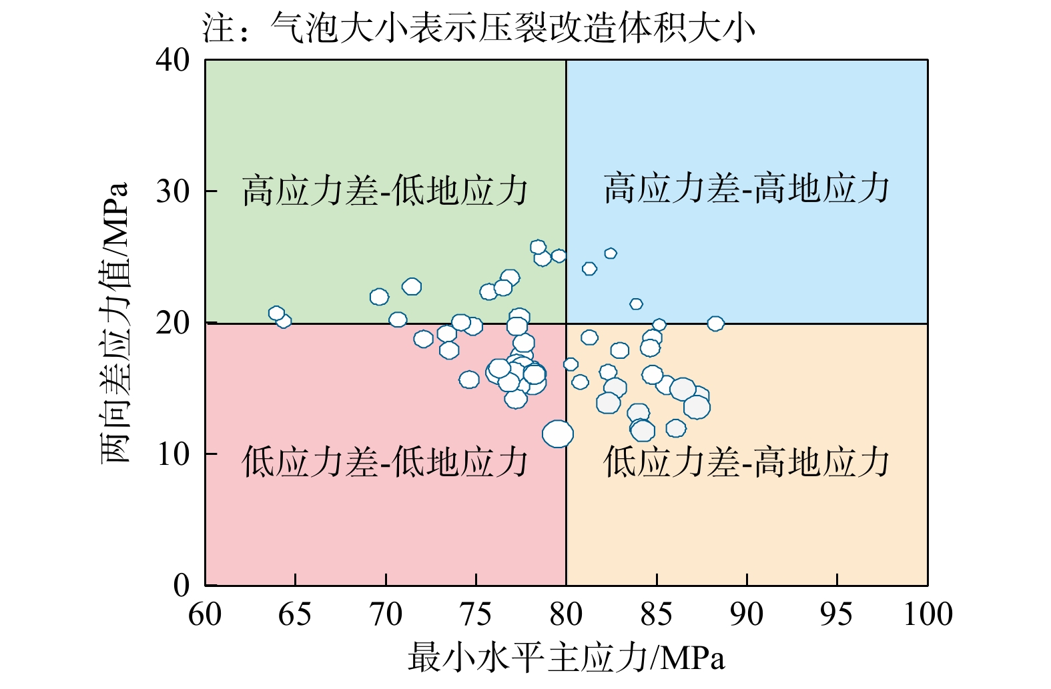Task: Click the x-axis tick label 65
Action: tap(295, 614)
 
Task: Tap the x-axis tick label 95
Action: tap(837, 614)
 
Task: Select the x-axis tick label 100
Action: tap(928, 614)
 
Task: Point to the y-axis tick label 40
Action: tap(173, 61)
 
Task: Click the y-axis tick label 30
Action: tap(173, 192)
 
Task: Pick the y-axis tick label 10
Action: tap(173, 455)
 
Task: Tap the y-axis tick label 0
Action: tap(182, 586)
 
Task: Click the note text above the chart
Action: tap(479, 29)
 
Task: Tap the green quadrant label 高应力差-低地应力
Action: tap(385, 191)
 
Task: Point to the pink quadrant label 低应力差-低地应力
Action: tap(385, 462)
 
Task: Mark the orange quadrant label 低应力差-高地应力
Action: tap(747, 462)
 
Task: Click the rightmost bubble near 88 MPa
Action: tap(715, 324)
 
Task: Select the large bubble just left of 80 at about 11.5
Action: tap(558, 434)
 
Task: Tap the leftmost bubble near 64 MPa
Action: tap(276, 313)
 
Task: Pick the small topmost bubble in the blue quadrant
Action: tap(611, 253)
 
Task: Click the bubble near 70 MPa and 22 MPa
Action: tap(379, 297)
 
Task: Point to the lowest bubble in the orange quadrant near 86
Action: tap(676, 428)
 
